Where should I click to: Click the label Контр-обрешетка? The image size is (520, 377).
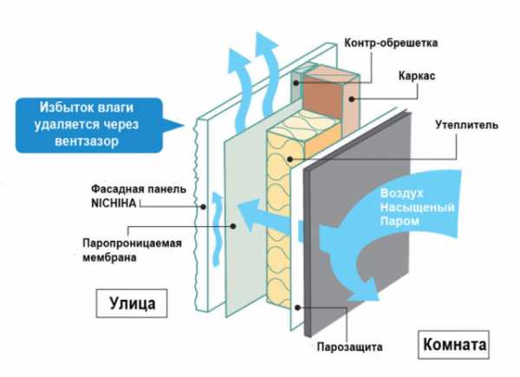pos(392,42)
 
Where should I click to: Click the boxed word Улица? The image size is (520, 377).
pos(133,304)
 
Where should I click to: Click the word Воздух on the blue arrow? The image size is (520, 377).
pos(398,194)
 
